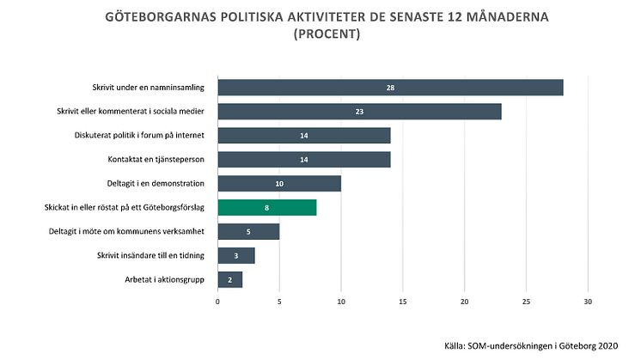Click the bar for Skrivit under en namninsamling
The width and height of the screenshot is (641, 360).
coord(390,88)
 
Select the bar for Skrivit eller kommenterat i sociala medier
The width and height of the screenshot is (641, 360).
coord(359,112)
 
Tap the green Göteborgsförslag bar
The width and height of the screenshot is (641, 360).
coord(267,207)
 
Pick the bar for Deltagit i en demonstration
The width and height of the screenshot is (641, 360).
coord(279,183)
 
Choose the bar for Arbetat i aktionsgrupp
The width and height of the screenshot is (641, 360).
coord(230,279)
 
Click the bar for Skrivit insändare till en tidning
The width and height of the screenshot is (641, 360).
coord(236,255)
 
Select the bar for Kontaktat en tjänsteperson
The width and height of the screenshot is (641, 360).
coord(304,159)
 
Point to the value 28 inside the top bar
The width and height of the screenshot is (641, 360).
coord(390,88)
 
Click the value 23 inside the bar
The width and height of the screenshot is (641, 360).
coord(359,112)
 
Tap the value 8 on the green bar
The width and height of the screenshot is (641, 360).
coord(267,207)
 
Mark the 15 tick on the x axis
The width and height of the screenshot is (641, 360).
coord(403,302)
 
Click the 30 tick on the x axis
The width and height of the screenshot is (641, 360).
coord(588,302)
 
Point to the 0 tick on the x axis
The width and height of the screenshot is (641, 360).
coord(218,302)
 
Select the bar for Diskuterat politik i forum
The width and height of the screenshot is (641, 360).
coord(304,136)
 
